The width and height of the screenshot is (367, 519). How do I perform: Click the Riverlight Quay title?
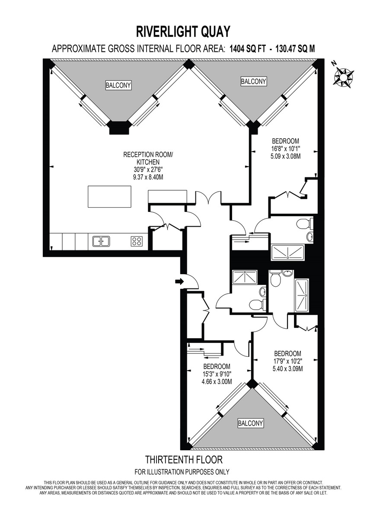(183, 32)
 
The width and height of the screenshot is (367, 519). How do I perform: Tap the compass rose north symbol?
(343, 77)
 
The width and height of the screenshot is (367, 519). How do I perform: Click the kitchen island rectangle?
(110, 197)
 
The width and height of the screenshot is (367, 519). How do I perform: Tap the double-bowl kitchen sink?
(100, 241)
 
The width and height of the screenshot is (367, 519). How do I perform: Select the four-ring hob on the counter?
(137, 241)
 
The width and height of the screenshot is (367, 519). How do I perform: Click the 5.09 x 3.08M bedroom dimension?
(285, 156)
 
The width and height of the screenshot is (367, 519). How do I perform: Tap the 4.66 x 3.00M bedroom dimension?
(217, 381)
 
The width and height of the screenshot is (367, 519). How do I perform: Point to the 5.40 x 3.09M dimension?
(287, 368)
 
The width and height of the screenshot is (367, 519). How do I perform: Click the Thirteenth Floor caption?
(183, 459)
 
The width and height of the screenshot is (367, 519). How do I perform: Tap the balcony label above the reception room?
(118, 85)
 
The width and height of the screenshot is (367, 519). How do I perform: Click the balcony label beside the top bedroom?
(253, 81)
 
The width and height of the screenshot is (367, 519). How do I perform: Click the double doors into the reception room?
(207, 199)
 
